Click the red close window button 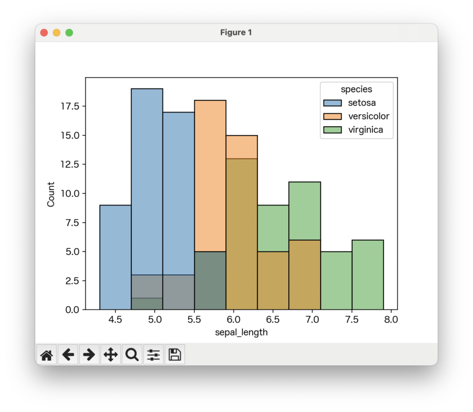(44, 33)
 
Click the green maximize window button (69, 33)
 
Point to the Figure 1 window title (236, 33)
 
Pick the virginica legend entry (358, 130)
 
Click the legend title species (356, 89)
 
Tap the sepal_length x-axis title (241, 333)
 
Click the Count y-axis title (51, 193)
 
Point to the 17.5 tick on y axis (70, 107)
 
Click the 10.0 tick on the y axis (70, 193)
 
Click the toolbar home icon (46, 355)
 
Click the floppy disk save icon (175, 355)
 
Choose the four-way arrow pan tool (110, 355)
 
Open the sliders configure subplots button (153, 355)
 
